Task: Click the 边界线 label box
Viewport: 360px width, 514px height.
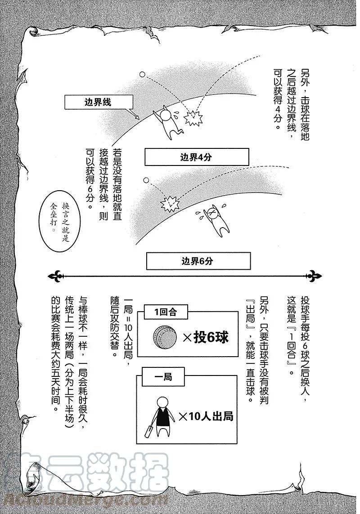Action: coord(97,102)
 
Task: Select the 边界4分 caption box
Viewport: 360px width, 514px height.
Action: coord(196,157)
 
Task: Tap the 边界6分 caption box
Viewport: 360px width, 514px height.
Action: coord(198,261)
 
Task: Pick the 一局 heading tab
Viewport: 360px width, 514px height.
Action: coord(163,377)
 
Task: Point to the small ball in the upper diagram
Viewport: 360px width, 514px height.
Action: coord(142,74)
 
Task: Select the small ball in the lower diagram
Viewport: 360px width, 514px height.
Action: coord(145,181)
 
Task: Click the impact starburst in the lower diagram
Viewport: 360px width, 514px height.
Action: coord(169,205)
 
